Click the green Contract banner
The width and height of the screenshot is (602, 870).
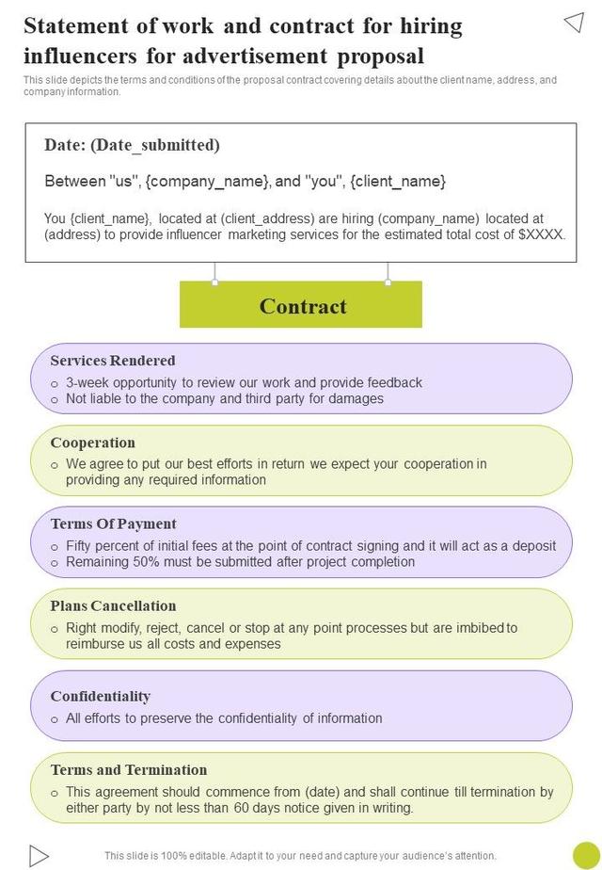(301, 306)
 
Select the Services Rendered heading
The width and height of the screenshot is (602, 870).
(113, 361)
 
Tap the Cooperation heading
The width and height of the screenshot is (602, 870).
(92, 443)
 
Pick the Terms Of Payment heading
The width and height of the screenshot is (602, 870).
(113, 524)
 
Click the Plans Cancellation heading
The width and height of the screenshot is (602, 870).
(113, 605)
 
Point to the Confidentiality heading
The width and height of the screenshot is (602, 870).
(100, 696)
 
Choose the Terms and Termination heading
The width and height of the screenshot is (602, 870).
(129, 769)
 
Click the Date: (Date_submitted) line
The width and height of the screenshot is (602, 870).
(132, 145)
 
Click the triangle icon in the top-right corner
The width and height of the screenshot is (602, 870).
(574, 23)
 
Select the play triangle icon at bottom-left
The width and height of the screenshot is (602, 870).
(38, 854)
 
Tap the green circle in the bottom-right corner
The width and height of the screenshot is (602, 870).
(586, 854)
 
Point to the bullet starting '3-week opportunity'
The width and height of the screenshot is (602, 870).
(244, 382)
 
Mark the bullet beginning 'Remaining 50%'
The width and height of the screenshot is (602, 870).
(240, 562)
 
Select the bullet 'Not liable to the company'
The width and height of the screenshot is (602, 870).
(225, 398)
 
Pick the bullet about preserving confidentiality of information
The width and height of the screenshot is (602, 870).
(224, 718)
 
